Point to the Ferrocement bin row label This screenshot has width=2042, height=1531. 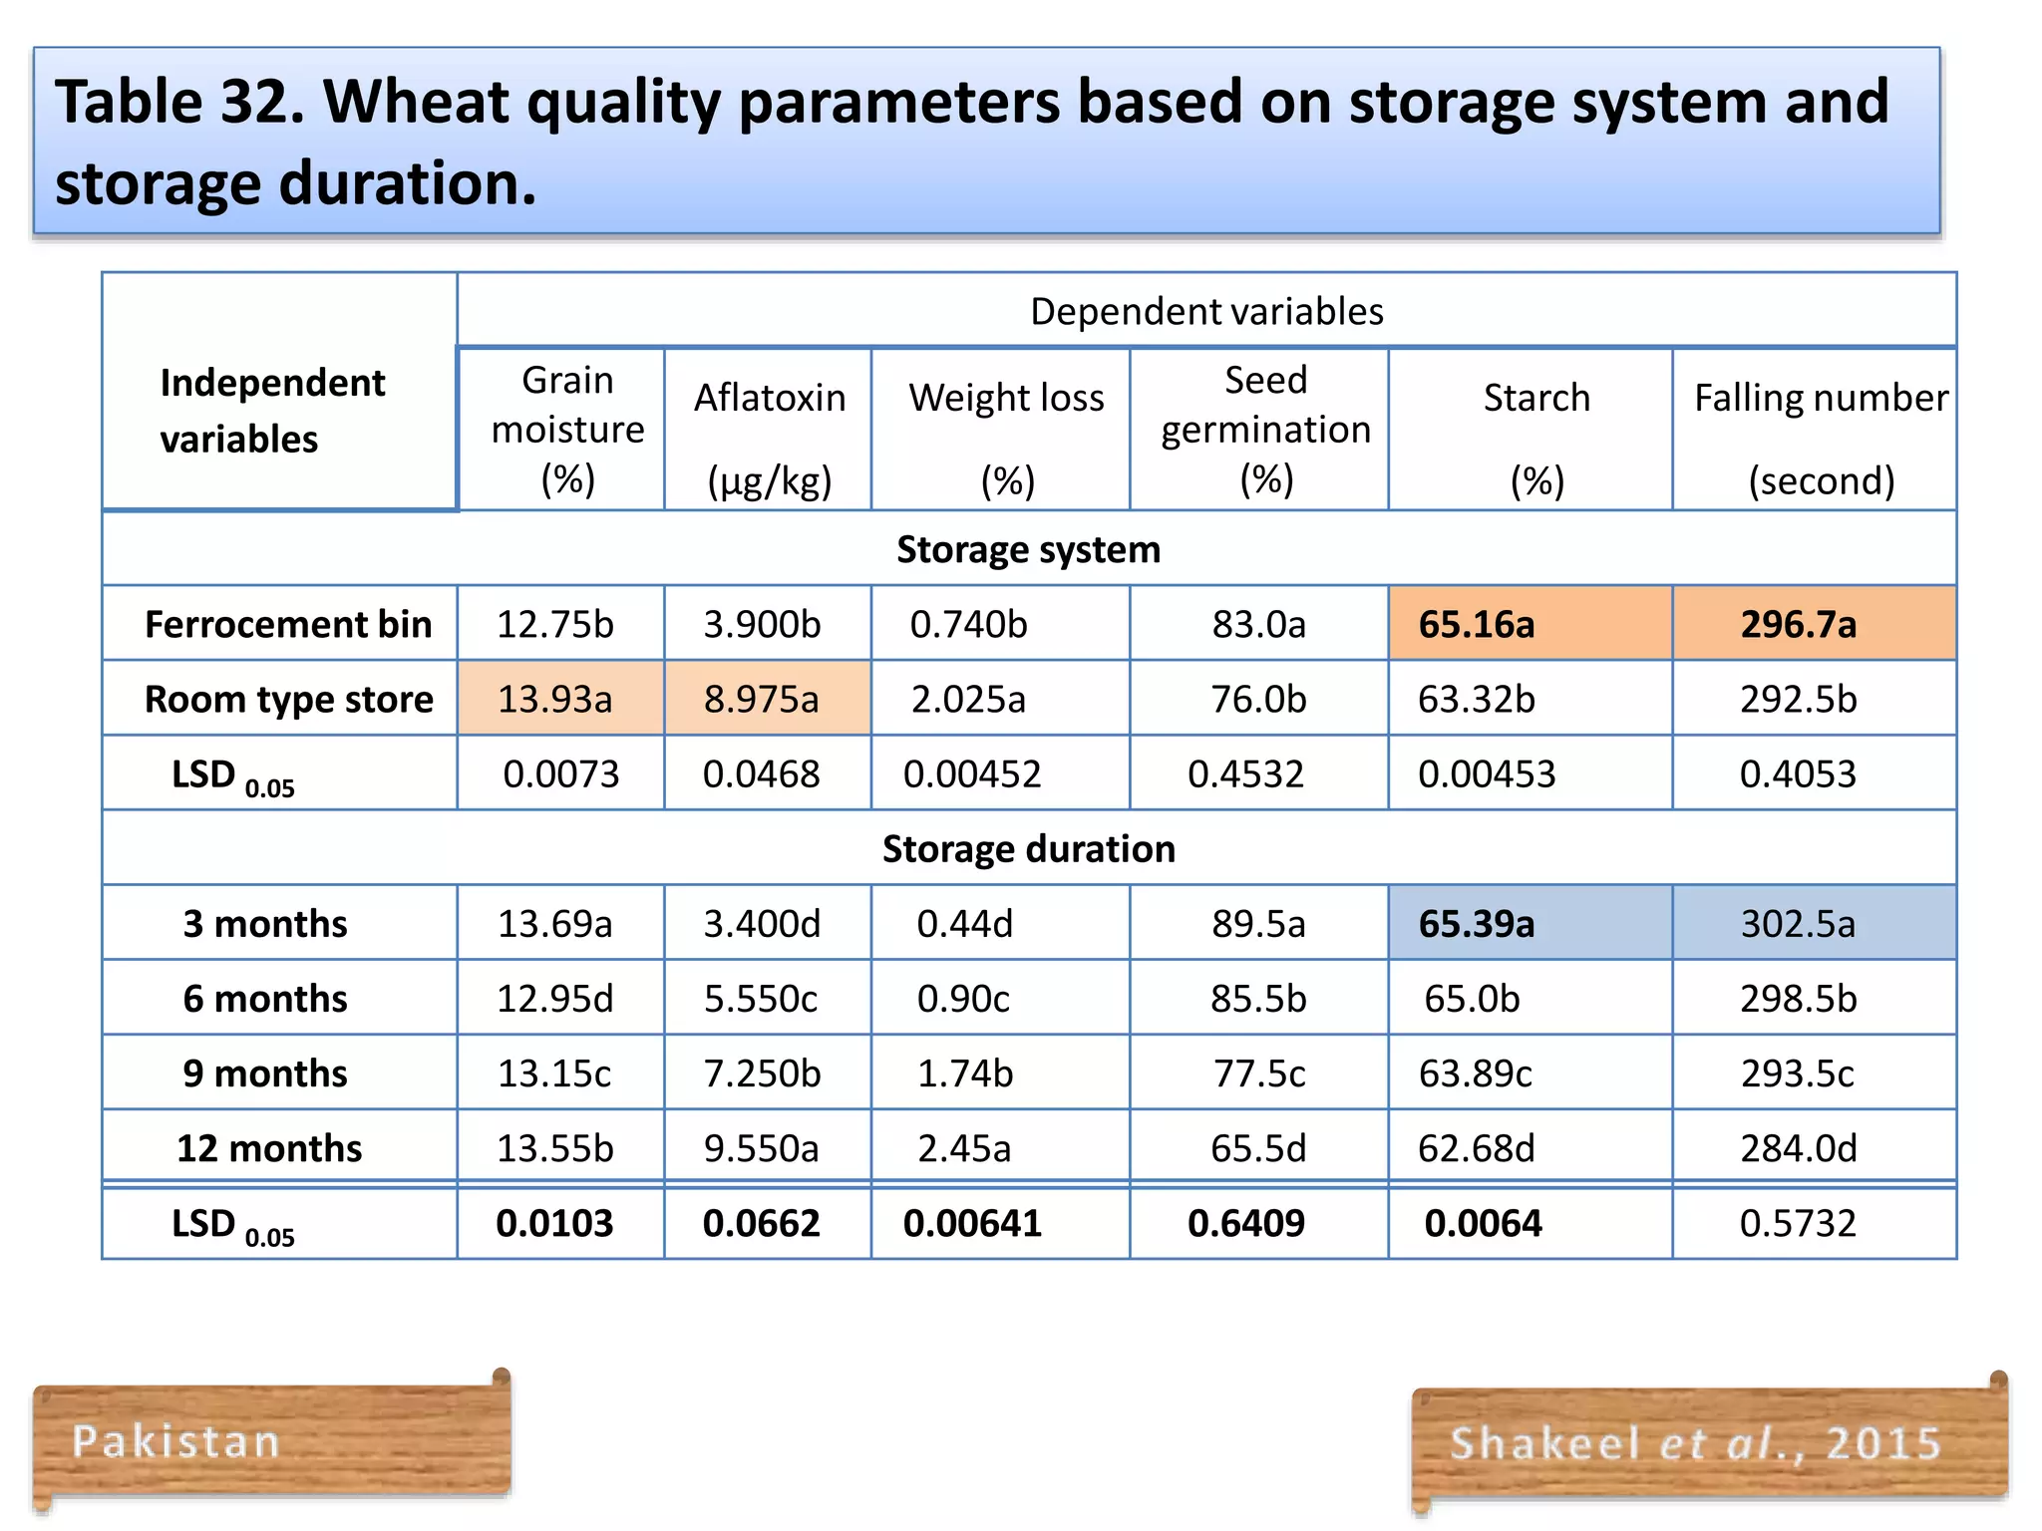[288, 624]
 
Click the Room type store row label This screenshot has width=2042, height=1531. [288, 699]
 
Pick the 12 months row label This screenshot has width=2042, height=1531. [269, 1148]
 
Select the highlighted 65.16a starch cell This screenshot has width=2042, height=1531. [1477, 624]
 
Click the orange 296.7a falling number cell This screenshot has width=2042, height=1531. [1798, 624]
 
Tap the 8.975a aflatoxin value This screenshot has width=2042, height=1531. [761, 699]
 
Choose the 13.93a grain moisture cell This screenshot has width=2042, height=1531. [554, 699]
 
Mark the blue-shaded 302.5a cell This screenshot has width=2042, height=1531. [1798, 924]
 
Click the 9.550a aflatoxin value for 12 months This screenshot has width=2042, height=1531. [761, 1148]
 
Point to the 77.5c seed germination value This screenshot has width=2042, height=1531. [1258, 1073]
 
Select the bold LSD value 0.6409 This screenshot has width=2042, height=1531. [1245, 1223]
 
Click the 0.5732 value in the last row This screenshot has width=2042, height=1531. [1798, 1223]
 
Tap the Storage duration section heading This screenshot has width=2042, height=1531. [1028, 849]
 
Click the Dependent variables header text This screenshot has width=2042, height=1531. [1206, 312]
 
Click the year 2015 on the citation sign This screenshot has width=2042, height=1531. [1884, 1443]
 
